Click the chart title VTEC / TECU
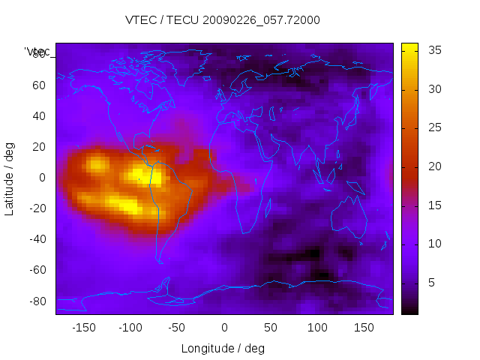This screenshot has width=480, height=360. (x=222, y=20)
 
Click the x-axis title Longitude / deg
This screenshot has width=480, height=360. (x=223, y=349)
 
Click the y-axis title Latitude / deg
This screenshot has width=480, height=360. (x=10, y=178)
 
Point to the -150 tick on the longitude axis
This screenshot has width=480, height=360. (x=83, y=328)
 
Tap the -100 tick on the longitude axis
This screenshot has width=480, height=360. (x=130, y=328)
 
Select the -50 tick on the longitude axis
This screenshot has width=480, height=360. (x=177, y=328)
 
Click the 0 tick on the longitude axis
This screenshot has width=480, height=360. (x=224, y=328)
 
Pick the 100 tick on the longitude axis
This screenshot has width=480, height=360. (x=317, y=328)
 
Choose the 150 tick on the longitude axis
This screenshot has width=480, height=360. (x=364, y=328)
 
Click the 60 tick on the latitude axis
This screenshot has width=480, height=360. (x=39, y=85)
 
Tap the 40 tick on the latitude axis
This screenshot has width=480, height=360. (x=39, y=116)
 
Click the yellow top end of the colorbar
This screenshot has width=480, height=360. (x=409, y=46)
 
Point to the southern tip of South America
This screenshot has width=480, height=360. (x=160, y=260)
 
